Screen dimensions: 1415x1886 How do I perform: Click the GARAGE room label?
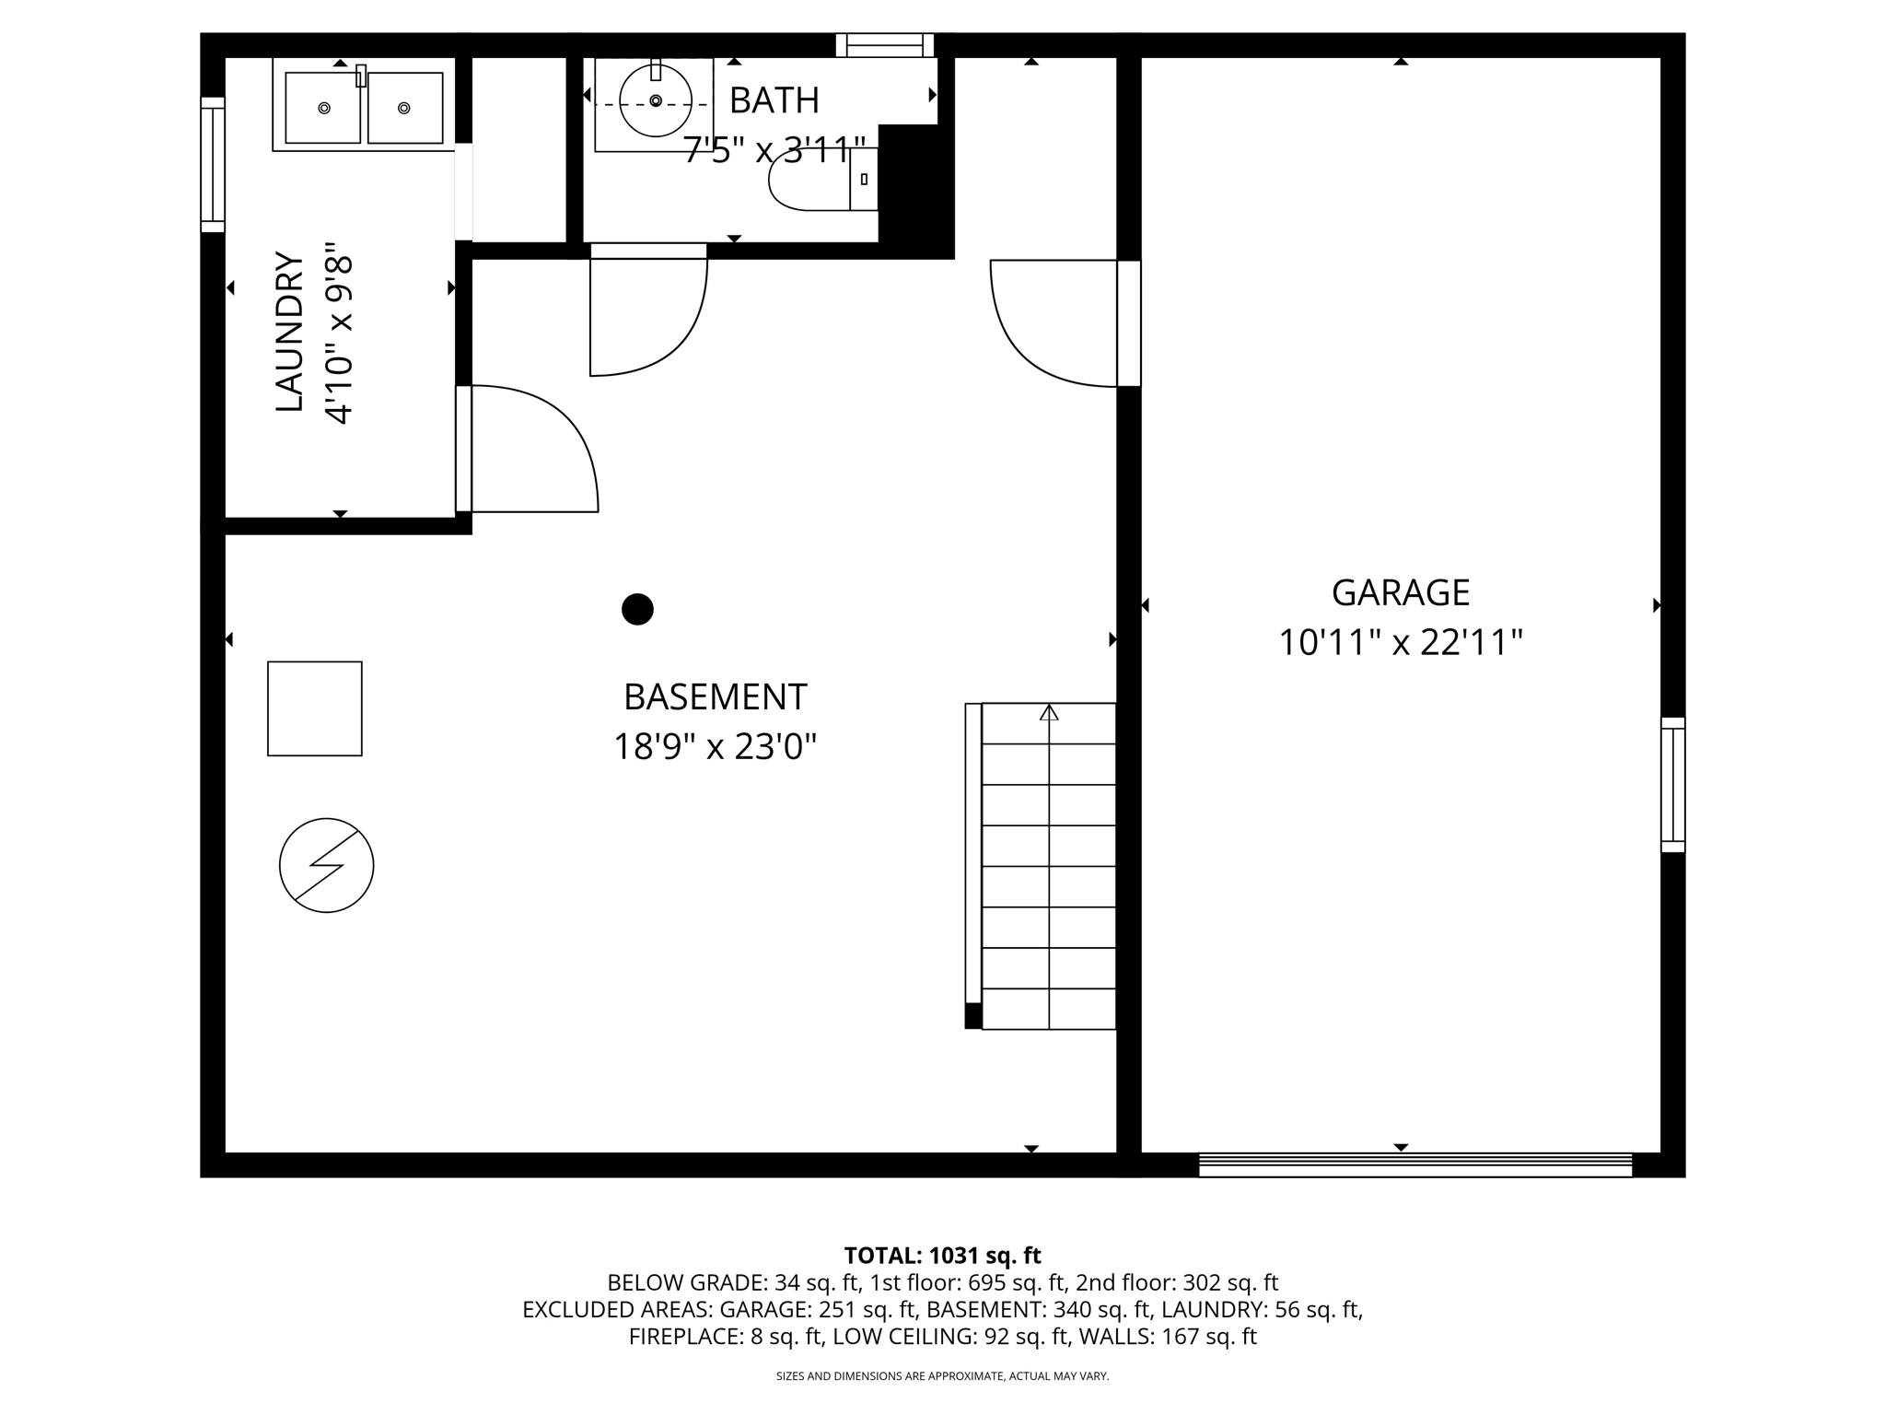click(1400, 592)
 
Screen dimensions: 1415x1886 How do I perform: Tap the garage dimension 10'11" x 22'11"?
click(1400, 642)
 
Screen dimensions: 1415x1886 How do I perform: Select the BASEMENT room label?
click(715, 697)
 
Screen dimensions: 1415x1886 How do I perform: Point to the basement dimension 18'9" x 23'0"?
click(715, 746)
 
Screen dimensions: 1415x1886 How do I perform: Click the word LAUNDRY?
click(289, 332)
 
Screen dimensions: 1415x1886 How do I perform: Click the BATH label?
click(774, 100)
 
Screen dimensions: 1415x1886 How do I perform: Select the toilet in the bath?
click(815, 180)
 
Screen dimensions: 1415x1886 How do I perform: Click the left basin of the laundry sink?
click(322, 109)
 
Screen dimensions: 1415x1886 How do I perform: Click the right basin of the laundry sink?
click(404, 109)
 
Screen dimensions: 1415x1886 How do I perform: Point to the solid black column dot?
click(637, 609)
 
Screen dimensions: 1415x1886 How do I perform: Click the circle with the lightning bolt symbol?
click(326, 866)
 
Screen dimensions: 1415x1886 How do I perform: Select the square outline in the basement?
click(315, 708)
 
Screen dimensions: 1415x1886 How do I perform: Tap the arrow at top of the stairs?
click(1049, 713)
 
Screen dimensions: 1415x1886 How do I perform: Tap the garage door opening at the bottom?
click(1414, 1165)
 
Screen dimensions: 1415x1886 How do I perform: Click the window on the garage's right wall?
click(1672, 785)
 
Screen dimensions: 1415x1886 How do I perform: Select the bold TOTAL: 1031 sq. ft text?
click(942, 1256)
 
